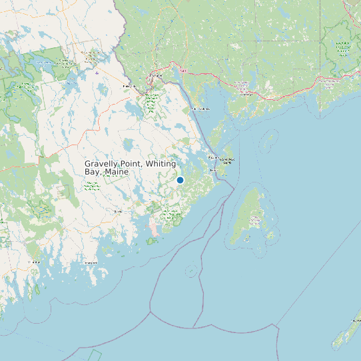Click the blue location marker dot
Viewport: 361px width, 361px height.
point(180,180)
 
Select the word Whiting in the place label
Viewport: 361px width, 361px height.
point(161,164)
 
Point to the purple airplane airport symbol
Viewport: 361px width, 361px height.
point(97,73)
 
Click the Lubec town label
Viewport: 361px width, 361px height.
point(214,171)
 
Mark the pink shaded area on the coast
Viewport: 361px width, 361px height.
point(154,228)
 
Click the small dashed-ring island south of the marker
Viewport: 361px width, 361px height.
point(191,270)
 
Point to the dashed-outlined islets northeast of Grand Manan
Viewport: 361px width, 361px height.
point(270,139)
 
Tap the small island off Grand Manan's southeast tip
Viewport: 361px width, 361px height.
point(260,252)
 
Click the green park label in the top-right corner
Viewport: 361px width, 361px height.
point(343,47)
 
